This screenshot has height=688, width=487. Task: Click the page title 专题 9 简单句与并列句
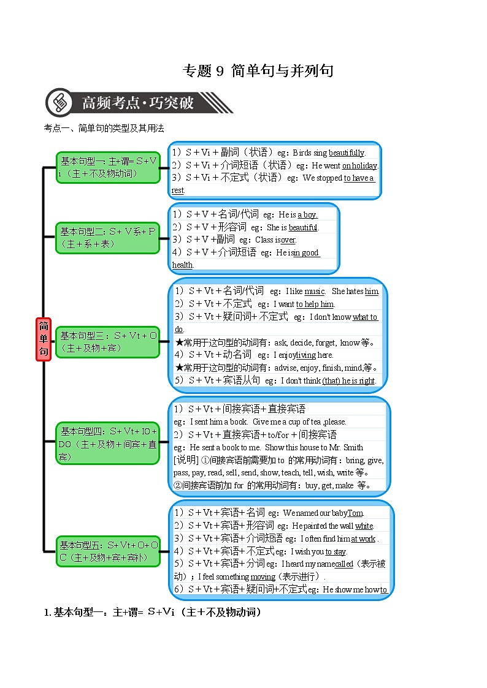point(258,71)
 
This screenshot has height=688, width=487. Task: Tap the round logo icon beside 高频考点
point(60,102)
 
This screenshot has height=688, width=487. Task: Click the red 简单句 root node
point(43,339)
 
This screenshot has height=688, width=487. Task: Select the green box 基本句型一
point(108,167)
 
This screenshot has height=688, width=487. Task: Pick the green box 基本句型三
point(108,342)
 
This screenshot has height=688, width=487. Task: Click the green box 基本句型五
point(108,551)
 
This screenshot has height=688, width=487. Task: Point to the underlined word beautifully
point(347,153)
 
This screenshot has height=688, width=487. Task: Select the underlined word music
point(314,292)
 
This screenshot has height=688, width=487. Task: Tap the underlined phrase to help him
point(315,304)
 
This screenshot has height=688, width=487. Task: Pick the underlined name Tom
point(355,513)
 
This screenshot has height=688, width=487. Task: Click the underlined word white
point(364,526)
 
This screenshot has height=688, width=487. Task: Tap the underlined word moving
point(263,576)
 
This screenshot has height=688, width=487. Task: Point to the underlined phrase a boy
point(307,215)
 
